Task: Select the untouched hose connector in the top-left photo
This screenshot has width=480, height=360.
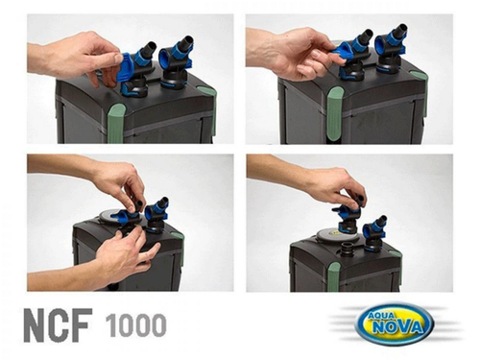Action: pyautogui.click(x=179, y=60)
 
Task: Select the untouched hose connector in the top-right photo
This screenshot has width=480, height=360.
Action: pyautogui.click(x=392, y=54)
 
